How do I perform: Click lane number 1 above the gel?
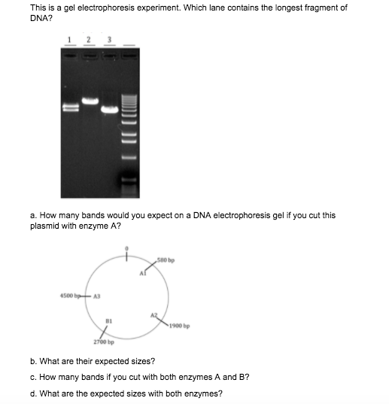pyautogui.click(x=69, y=40)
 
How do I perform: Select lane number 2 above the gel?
pyautogui.click(x=89, y=40)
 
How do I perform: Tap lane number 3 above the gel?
pyautogui.click(x=110, y=40)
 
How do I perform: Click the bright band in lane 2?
pyautogui.click(x=90, y=101)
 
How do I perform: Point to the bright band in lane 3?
pyautogui.click(x=110, y=110)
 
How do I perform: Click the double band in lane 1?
pyautogui.click(x=71, y=108)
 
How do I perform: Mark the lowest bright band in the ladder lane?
pyautogui.click(x=129, y=179)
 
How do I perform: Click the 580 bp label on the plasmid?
pyautogui.click(x=166, y=260)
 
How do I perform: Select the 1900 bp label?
pyautogui.click(x=180, y=326)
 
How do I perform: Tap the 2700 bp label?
pyautogui.click(x=104, y=342)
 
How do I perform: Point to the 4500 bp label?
pyautogui.click(x=70, y=296)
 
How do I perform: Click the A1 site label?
pyautogui.click(x=143, y=273)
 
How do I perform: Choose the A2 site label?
pyautogui.click(x=153, y=315)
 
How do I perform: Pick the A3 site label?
pyautogui.click(x=96, y=296)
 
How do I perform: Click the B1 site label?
pyautogui.click(x=108, y=321)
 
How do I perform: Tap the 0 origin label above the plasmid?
pyautogui.click(x=126, y=248)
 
